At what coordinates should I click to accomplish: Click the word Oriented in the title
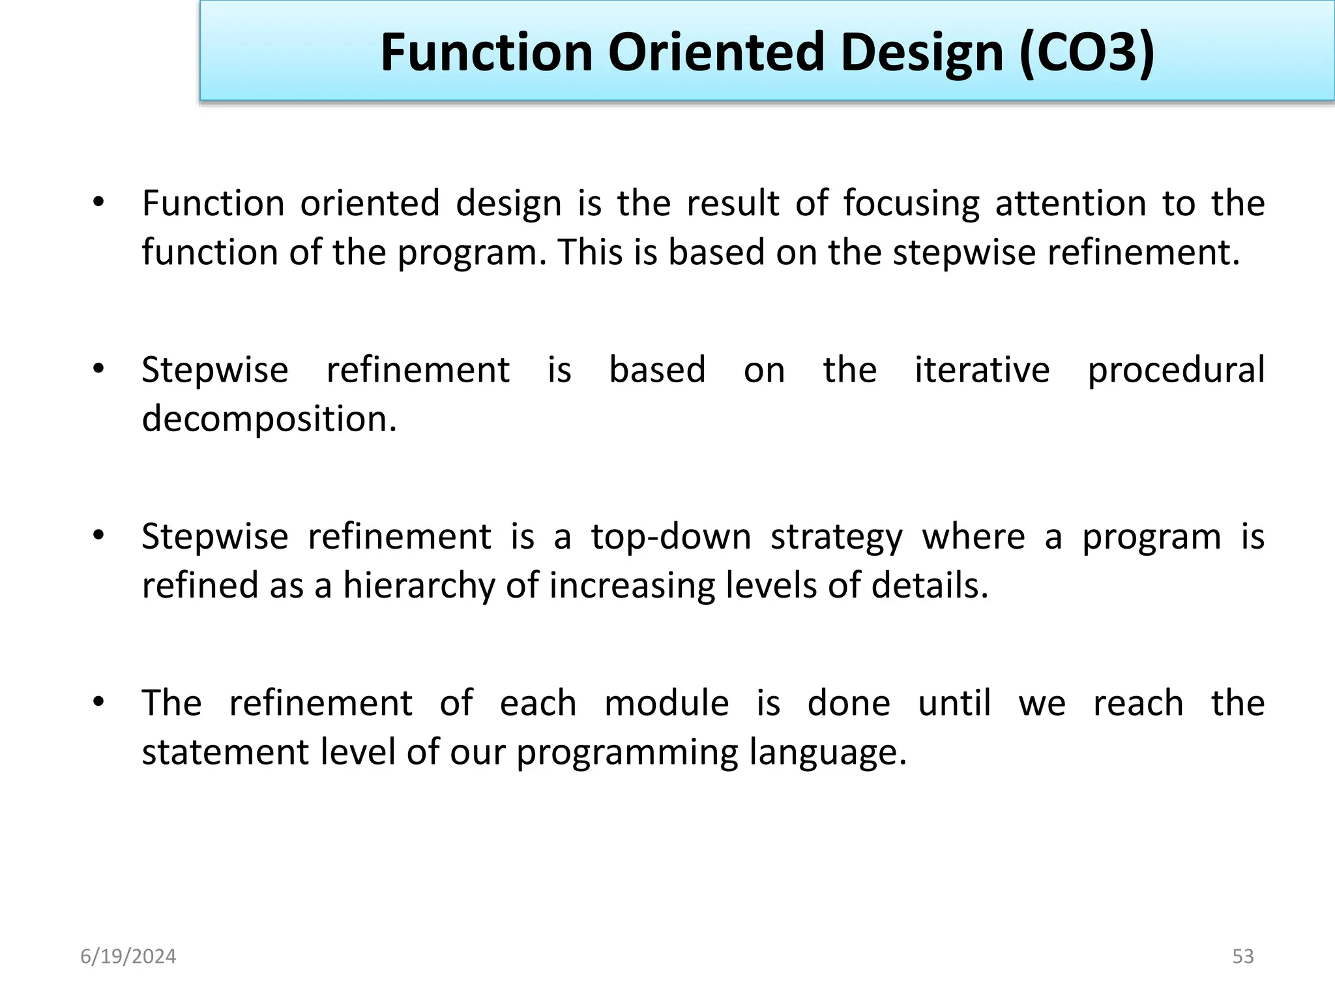click(x=716, y=52)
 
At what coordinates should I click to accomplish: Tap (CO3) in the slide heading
click(x=1086, y=52)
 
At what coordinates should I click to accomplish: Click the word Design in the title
click(x=922, y=52)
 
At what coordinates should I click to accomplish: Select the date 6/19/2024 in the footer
click(x=128, y=956)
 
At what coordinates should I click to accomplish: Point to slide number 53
click(x=1243, y=956)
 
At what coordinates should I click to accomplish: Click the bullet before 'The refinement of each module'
click(x=98, y=703)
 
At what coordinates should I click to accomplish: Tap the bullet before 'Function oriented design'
click(x=98, y=202)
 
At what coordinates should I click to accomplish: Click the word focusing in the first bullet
click(x=911, y=204)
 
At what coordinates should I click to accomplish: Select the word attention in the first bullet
click(x=1070, y=204)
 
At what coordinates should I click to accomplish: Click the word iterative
click(x=982, y=370)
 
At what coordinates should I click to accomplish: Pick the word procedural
click(x=1176, y=371)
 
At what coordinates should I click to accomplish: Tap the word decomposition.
click(x=269, y=419)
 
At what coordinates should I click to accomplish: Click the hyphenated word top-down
click(x=671, y=537)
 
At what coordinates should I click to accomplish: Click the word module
click(x=666, y=703)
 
